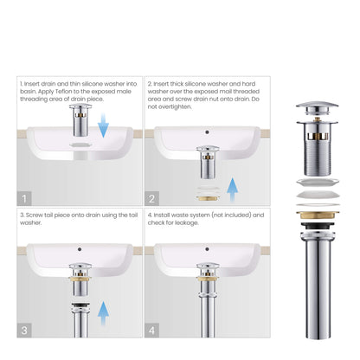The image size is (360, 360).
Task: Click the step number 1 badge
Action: (x=24, y=198)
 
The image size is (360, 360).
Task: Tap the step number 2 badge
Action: (x=152, y=198)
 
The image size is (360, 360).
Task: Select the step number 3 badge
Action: (x=24, y=330)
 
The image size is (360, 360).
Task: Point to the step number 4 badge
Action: (x=152, y=330)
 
